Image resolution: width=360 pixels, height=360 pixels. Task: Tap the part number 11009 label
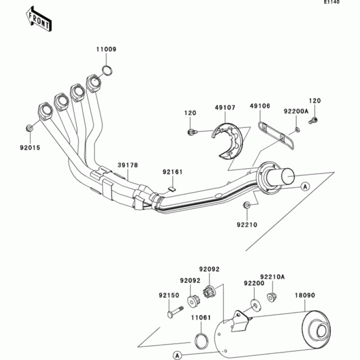pyautogui.click(x=106, y=49)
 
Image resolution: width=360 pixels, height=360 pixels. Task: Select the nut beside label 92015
pyautogui.click(x=29, y=128)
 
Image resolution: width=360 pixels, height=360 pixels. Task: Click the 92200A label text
pyautogui.click(x=296, y=110)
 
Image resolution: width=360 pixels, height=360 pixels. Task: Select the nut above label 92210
pyautogui.click(x=247, y=206)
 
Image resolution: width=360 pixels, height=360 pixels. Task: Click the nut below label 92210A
pyautogui.click(x=272, y=297)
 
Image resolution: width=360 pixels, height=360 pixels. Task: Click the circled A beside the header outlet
pyautogui.click(x=304, y=186)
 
